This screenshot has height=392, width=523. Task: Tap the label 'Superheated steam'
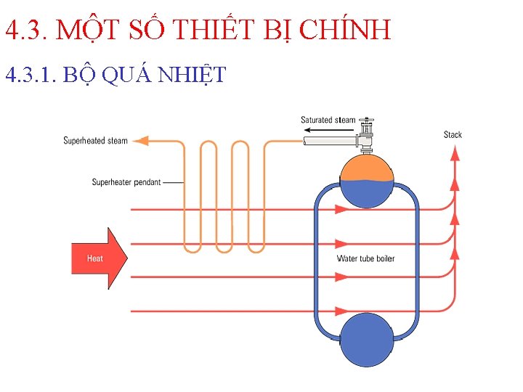coord(95,141)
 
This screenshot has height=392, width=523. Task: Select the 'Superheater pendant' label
coord(126,182)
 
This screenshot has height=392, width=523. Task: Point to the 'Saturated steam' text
coord(328,120)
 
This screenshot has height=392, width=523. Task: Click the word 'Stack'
coord(453,134)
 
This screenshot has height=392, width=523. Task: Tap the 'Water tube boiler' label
coord(366,258)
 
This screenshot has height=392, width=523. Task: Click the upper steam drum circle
coord(367,180)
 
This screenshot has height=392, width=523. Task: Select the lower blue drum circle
coord(367,339)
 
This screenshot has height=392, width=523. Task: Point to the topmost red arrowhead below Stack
coord(455,152)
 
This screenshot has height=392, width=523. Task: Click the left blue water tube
coord(317,261)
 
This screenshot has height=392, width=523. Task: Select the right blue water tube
coord(417,261)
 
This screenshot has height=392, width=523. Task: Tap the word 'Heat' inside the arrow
coord(94,258)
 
